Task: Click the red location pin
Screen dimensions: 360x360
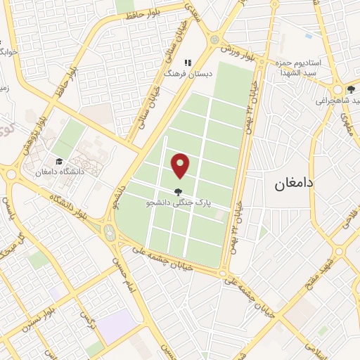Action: pos(181,165)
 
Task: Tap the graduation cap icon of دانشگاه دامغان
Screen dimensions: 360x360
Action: pos(59,160)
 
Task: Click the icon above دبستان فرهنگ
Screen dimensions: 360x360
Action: pos(187,62)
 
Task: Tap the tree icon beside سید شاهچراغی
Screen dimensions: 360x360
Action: pos(349,89)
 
